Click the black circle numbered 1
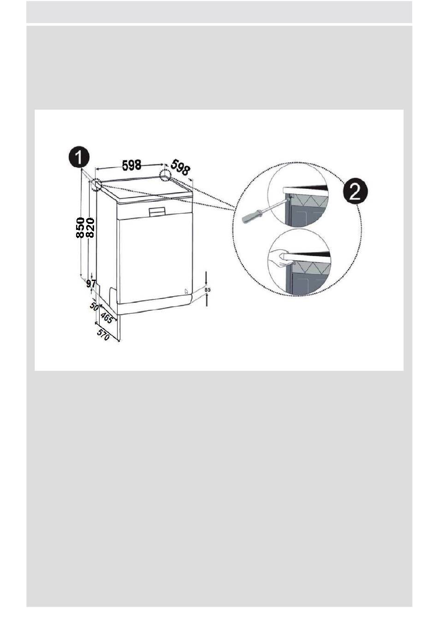coord(79,158)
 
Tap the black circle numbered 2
coord(355,191)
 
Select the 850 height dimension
coord(80,228)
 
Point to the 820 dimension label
coord(90,228)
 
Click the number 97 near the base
coord(91,283)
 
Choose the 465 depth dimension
coord(106,317)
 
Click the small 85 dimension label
coord(207,290)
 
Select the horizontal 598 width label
coord(131,165)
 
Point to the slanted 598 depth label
coord(180,167)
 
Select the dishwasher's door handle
coord(157,211)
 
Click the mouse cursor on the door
coord(186,291)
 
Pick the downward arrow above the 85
coord(207,277)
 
